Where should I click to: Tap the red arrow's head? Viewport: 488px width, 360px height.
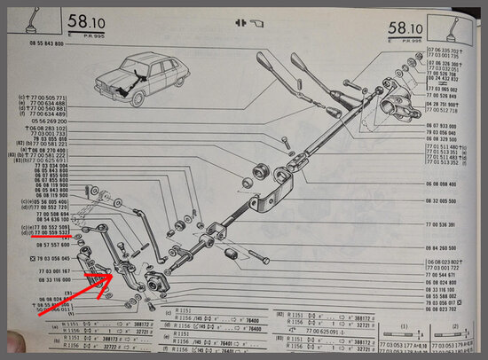112,276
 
